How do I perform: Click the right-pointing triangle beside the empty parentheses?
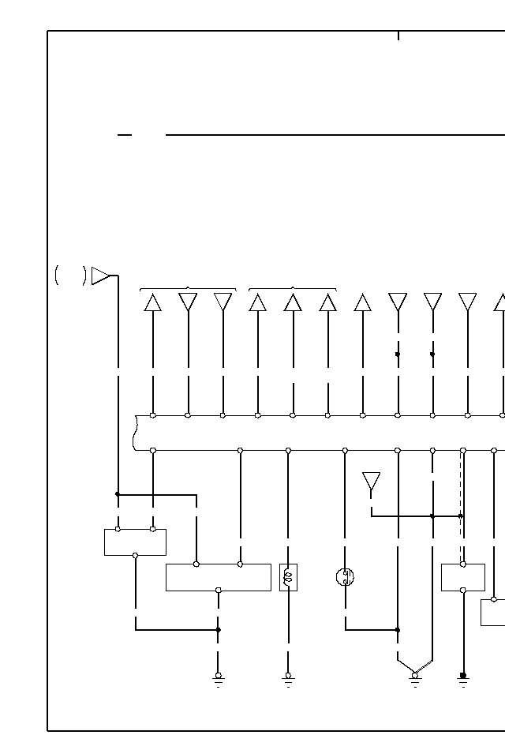click(100, 276)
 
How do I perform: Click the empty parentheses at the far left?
click(70, 276)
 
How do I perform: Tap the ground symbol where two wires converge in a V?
click(415, 677)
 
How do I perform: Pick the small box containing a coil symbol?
click(288, 577)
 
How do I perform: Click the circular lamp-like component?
click(345, 577)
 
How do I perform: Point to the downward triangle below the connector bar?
click(371, 482)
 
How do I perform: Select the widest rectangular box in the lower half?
click(218, 577)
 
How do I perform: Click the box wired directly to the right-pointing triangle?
click(135, 542)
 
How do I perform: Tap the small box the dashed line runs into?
click(462, 577)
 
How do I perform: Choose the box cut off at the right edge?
click(492, 612)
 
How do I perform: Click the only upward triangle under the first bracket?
click(153, 302)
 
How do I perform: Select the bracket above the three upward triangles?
click(293, 289)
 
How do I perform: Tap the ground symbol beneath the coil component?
click(288, 678)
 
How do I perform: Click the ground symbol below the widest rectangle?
click(219, 678)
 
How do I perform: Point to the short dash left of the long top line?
click(124, 135)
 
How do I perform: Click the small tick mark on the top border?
click(398, 36)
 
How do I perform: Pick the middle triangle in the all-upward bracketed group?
click(293, 302)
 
